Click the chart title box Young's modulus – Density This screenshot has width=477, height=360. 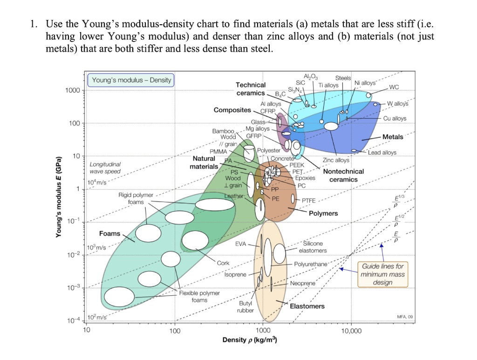[131, 80]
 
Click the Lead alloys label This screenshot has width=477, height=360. [382, 152]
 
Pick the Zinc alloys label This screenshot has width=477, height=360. [336, 160]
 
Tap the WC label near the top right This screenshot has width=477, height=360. [394, 87]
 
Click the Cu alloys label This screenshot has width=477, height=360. [395, 118]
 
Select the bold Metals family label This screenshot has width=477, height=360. [393, 136]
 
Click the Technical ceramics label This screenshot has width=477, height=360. [251, 89]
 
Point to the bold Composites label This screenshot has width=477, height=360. [232, 110]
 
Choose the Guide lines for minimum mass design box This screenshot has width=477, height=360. [382, 274]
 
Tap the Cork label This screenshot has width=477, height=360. [223, 263]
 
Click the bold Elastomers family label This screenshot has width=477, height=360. [307, 306]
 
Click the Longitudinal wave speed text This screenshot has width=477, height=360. [105, 168]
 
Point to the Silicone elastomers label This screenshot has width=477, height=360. [313, 247]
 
